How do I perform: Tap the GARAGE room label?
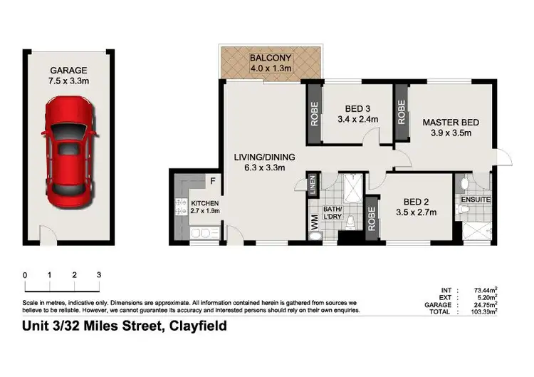pyautogui.click(x=68, y=70)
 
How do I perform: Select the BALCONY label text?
pyautogui.click(x=267, y=58)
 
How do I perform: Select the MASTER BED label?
pyautogui.click(x=451, y=123)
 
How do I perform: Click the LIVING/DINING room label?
pyautogui.click(x=265, y=157)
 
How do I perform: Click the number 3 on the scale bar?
pyautogui.click(x=99, y=275)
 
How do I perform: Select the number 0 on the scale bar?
pyautogui.click(x=24, y=275)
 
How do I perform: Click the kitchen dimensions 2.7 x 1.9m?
pyautogui.click(x=205, y=210)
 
